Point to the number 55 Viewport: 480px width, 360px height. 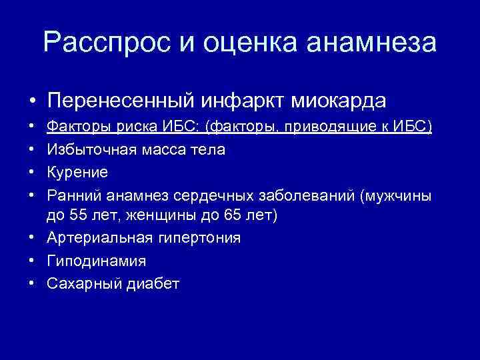[x=75, y=216]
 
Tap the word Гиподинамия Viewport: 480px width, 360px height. [x=96, y=261]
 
